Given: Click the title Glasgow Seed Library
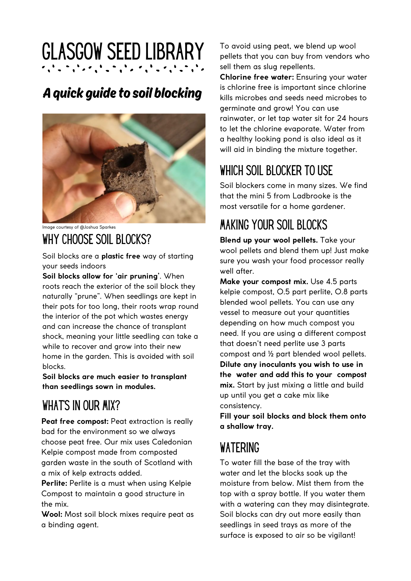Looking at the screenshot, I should tap(123, 52).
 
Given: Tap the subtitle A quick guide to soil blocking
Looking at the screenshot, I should tap(122, 93).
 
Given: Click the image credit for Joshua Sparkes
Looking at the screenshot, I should tap(79, 227).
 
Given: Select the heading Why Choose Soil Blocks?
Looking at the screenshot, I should tap(97, 240).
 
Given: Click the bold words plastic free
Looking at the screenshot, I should tap(121, 256).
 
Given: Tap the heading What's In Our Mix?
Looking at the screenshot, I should tap(81, 406).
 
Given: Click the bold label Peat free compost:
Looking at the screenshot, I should tap(75, 421).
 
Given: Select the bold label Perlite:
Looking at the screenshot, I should tap(54, 483).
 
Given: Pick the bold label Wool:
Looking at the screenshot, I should tap(52, 514).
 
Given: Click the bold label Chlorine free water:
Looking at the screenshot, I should tap(257, 77).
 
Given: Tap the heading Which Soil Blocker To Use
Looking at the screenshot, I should tap(276, 171).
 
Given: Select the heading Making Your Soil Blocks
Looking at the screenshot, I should tap(274, 225).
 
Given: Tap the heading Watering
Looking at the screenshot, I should tap(240, 448).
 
